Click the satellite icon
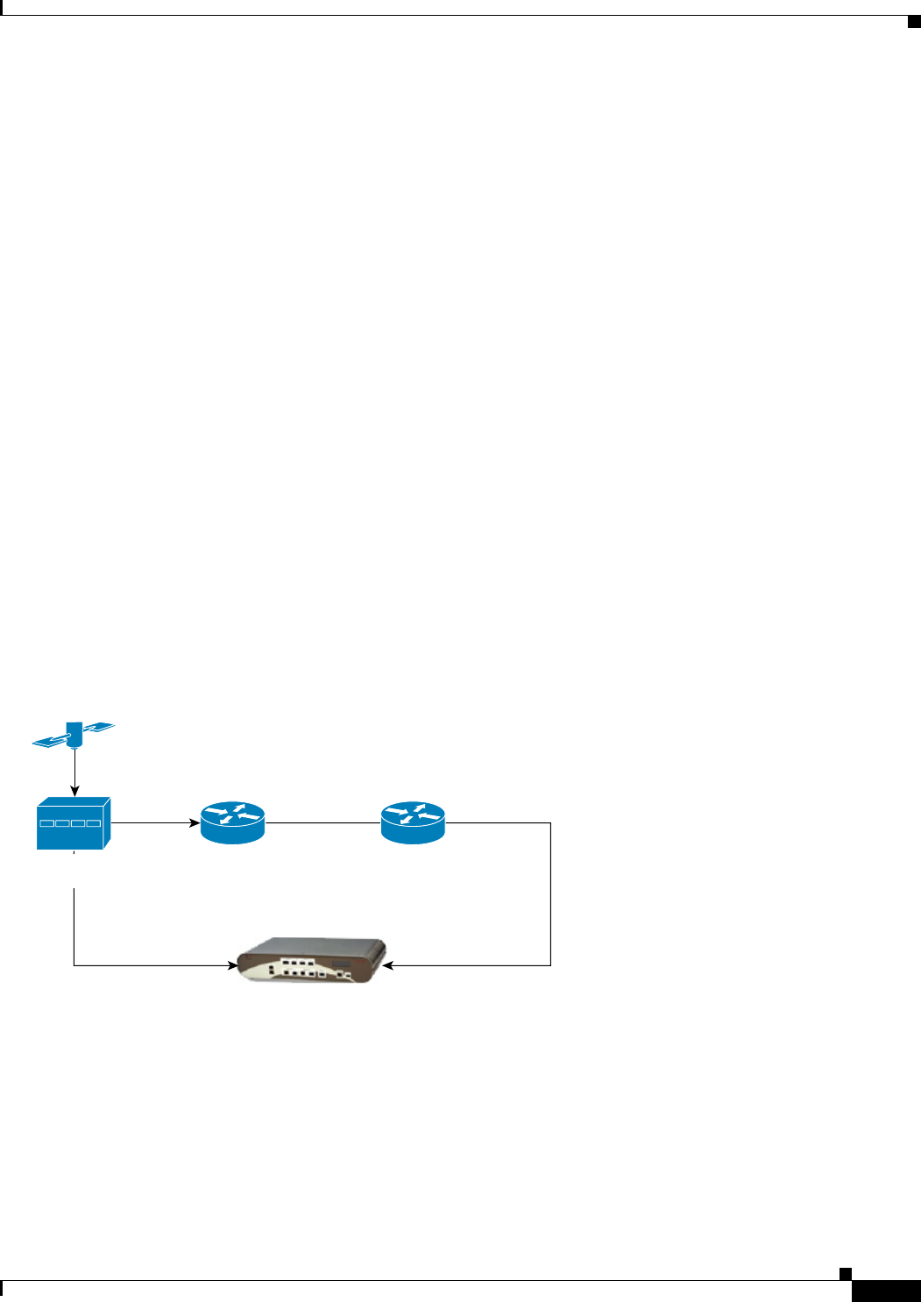[x=74, y=735]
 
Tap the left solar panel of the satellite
[x=49, y=742]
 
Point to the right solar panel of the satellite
[x=98, y=728]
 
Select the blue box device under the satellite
[x=73, y=823]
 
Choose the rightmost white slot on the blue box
[x=94, y=824]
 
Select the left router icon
[x=232, y=823]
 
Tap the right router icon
[x=413, y=823]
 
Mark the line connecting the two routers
[x=322, y=823]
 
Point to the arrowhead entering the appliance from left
[x=232, y=966]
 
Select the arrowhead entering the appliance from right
[x=388, y=966]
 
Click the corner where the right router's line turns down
[x=550, y=823]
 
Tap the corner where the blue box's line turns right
[x=74, y=966]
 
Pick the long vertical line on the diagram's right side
[x=550, y=894]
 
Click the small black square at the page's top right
[x=912, y=22]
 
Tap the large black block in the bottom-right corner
[x=885, y=1292]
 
